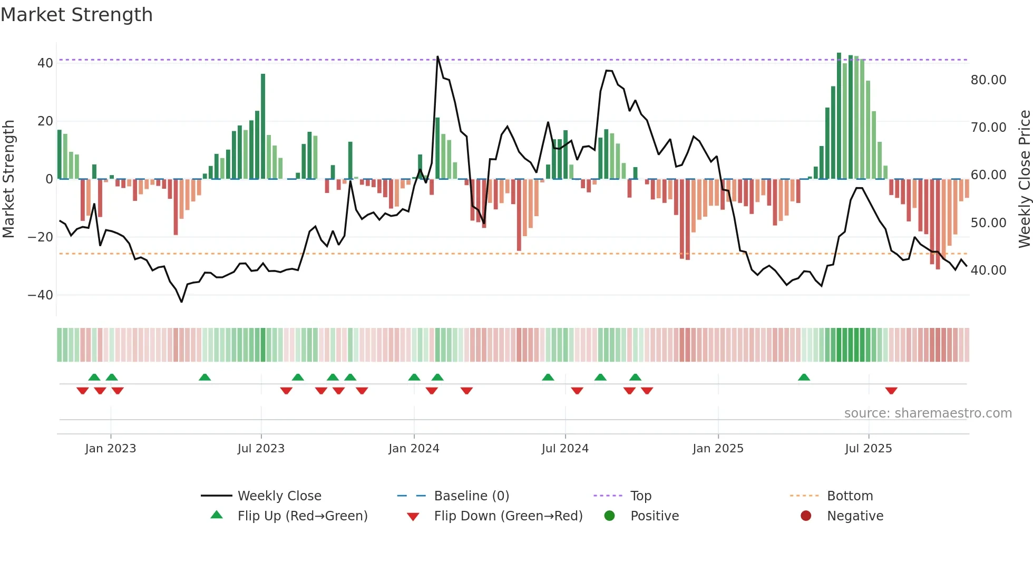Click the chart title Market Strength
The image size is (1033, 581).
pyautogui.click(x=76, y=15)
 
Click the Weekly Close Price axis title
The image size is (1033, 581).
pyautogui.click(x=1024, y=179)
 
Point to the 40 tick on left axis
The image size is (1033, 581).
pyautogui.click(x=45, y=63)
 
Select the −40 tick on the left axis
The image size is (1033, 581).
pyautogui.click(x=41, y=295)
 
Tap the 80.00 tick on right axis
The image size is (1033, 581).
pyautogui.click(x=988, y=80)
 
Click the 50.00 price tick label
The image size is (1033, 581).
pyautogui.click(x=988, y=223)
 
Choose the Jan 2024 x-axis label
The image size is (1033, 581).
pyautogui.click(x=414, y=449)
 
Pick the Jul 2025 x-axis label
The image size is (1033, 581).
pyautogui.click(x=868, y=449)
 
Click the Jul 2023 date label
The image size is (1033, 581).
pyautogui.click(x=261, y=449)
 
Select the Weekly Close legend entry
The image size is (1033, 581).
pyautogui.click(x=279, y=496)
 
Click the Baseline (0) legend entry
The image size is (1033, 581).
pyautogui.click(x=471, y=496)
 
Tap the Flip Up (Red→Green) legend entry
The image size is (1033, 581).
pyautogui.click(x=302, y=516)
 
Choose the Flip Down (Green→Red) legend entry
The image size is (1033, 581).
pyautogui.click(x=508, y=516)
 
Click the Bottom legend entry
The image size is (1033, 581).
pyautogui.click(x=850, y=496)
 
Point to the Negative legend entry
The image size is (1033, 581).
pyautogui.click(x=855, y=516)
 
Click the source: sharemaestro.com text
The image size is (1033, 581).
pyautogui.click(x=928, y=413)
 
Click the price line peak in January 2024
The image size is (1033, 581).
pyautogui.click(x=437, y=56)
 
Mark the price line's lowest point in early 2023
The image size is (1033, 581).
pyautogui.click(x=181, y=302)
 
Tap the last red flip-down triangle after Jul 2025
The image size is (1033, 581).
pyautogui.click(x=891, y=391)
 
